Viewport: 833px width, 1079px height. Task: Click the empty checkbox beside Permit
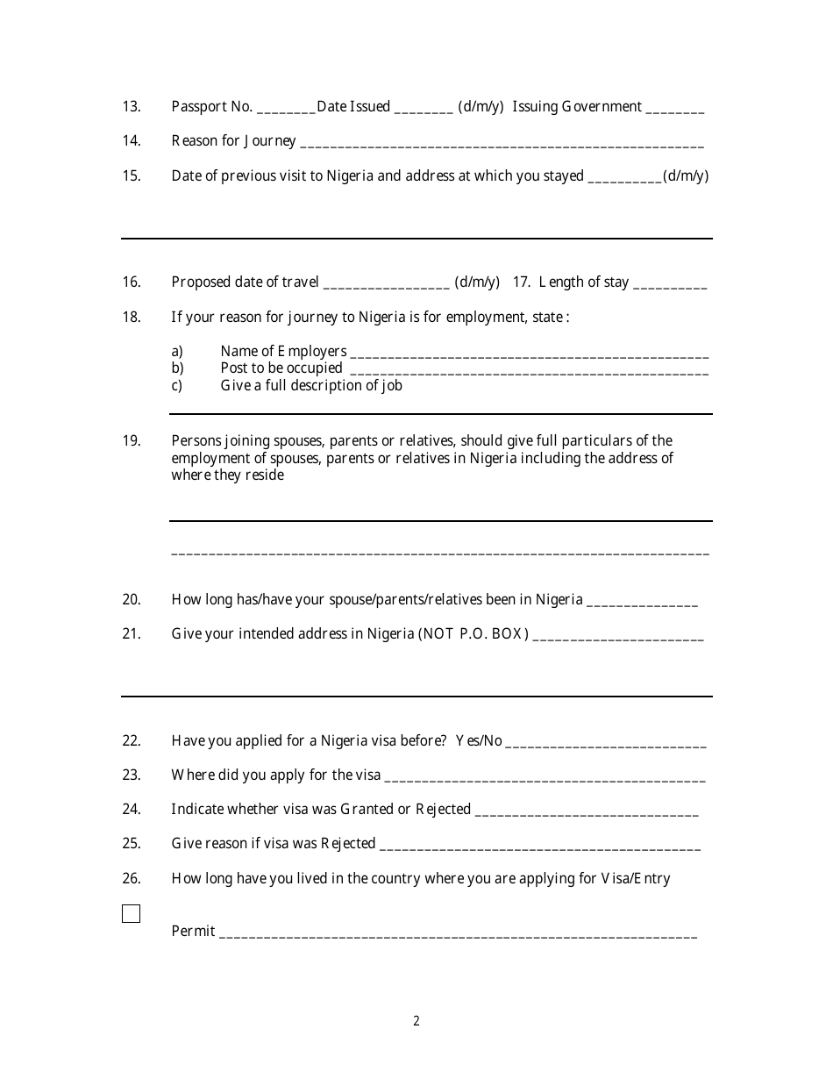[131, 913]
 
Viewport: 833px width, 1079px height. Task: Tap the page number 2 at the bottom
[416, 1020]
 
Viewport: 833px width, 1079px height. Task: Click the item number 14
[132, 141]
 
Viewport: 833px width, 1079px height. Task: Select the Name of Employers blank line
[530, 354]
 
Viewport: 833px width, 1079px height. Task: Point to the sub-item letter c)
[177, 385]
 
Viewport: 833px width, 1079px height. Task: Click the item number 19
[132, 440]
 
